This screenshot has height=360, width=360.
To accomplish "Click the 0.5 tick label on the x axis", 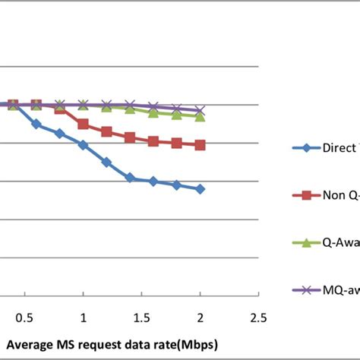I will click(x=25, y=315).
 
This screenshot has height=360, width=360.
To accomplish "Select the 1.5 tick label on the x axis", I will click(x=141, y=315).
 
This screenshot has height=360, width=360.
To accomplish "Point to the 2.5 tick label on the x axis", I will click(x=258, y=315).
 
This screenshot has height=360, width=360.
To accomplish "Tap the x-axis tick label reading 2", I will click(x=200, y=315).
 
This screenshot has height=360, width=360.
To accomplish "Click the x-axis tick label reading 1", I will click(x=84, y=315).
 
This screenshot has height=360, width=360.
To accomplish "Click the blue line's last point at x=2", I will click(x=200, y=189).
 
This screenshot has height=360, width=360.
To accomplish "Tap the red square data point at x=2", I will click(x=200, y=144).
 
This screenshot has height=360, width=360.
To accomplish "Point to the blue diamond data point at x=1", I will click(x=84, y=144).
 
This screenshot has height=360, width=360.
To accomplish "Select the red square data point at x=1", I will click(x=84, y=124).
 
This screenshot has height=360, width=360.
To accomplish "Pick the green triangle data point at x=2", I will click(x=200, y=116).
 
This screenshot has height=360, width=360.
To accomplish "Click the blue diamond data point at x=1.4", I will click(x=130, y=178).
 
